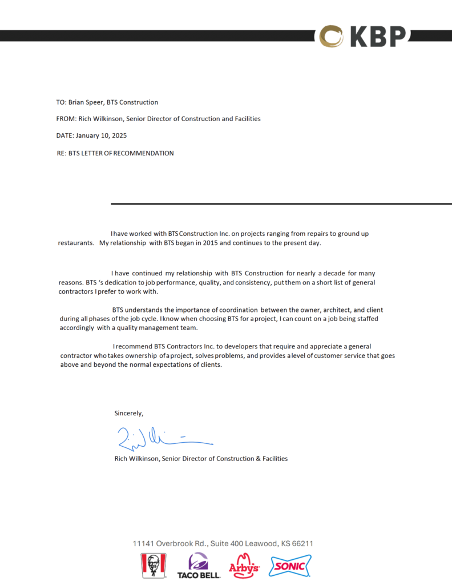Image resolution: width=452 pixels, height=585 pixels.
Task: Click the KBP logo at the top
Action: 363,36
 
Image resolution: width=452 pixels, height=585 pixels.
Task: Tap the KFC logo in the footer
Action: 153,566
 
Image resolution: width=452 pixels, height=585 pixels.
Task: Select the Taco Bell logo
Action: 199,566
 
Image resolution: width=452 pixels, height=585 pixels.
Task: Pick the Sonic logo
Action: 290,566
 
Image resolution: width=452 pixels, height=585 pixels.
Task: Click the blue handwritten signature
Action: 163,438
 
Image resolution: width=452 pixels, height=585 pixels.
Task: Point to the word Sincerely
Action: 129,412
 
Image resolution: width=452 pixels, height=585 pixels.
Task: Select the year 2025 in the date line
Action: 118,136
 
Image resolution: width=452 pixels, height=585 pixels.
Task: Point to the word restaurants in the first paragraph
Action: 76,243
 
